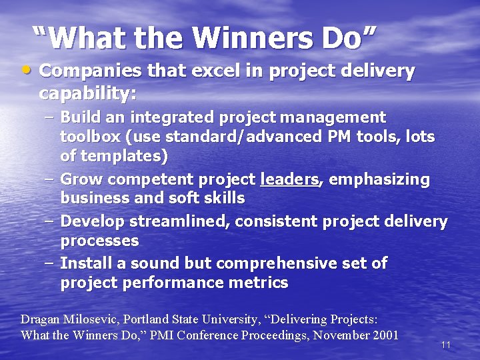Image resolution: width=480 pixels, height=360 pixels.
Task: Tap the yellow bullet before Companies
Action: click(x=26, y=69)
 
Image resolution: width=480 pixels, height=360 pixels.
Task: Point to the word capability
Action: click(x=87, y=93)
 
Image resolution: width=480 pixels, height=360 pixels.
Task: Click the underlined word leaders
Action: click(x=289, y=179)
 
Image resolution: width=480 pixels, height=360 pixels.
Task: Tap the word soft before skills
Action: click(x=182, y=198)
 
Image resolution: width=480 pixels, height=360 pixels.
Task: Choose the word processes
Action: click(x=99, y=241)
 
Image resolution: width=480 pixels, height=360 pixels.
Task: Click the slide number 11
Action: click(x=446, y=345)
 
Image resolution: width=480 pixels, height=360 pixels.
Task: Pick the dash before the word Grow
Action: click(x=50, y=179)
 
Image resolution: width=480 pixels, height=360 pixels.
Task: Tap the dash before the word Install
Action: click(x=50, y=263)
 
